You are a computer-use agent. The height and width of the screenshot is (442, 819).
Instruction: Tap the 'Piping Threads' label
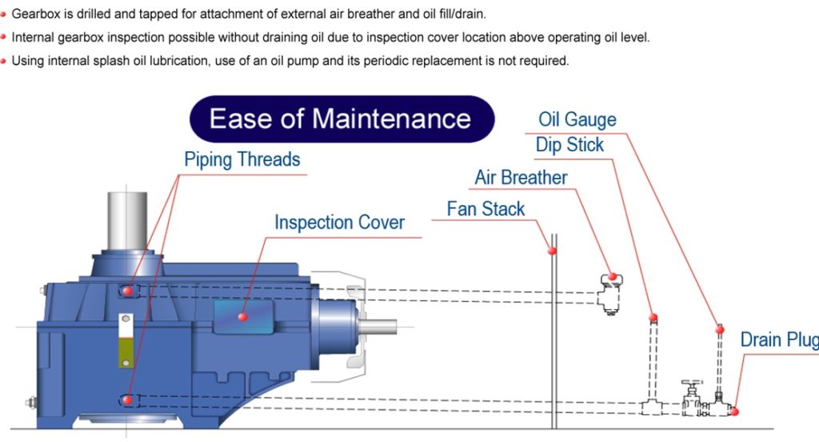242,159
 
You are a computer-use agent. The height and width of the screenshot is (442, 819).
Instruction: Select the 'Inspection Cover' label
339,222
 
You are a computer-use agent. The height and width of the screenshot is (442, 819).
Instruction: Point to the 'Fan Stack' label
485,209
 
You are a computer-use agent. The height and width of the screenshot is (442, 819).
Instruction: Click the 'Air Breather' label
521,177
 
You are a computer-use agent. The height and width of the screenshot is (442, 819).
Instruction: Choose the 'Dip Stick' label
569,145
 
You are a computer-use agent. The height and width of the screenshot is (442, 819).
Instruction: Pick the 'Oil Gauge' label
577,120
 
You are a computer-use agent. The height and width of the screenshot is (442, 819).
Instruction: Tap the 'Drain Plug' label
778,340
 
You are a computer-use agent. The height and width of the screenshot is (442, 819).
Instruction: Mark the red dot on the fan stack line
552,251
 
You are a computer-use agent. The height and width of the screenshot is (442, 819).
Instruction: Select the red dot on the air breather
612,276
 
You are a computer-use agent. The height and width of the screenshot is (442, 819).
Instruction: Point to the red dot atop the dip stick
653,317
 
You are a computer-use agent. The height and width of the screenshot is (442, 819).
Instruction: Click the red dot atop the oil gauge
720,329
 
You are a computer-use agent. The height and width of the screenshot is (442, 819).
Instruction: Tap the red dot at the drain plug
734,412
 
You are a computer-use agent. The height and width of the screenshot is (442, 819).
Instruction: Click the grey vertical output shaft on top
127,220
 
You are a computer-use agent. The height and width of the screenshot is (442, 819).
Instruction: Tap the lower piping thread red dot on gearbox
128,399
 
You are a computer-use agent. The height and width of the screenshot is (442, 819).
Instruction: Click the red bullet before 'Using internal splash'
4,61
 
